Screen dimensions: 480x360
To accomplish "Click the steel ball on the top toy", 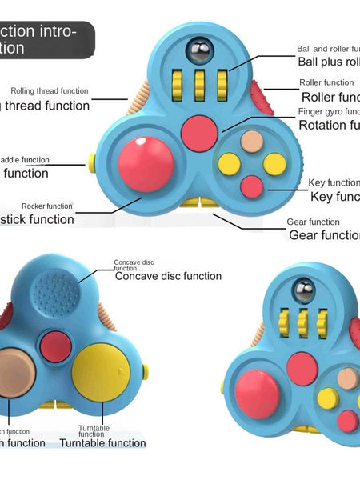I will tap(195, 51).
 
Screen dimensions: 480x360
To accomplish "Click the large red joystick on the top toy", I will tap(144, 164).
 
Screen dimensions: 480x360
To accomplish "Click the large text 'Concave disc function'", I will tap(168, 276).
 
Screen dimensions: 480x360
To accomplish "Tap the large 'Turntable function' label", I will tap(102, 443).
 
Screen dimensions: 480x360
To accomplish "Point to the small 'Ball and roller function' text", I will tap(328, 49).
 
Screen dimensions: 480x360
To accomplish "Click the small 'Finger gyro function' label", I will tap(328, 111).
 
